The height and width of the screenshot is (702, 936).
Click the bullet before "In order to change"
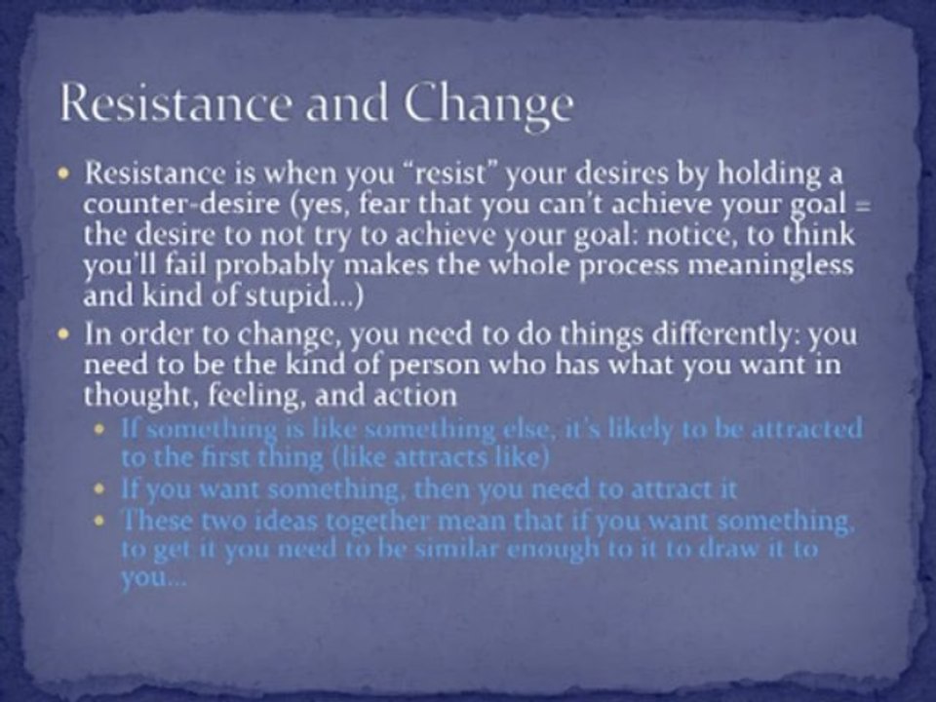tap(65, 334)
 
